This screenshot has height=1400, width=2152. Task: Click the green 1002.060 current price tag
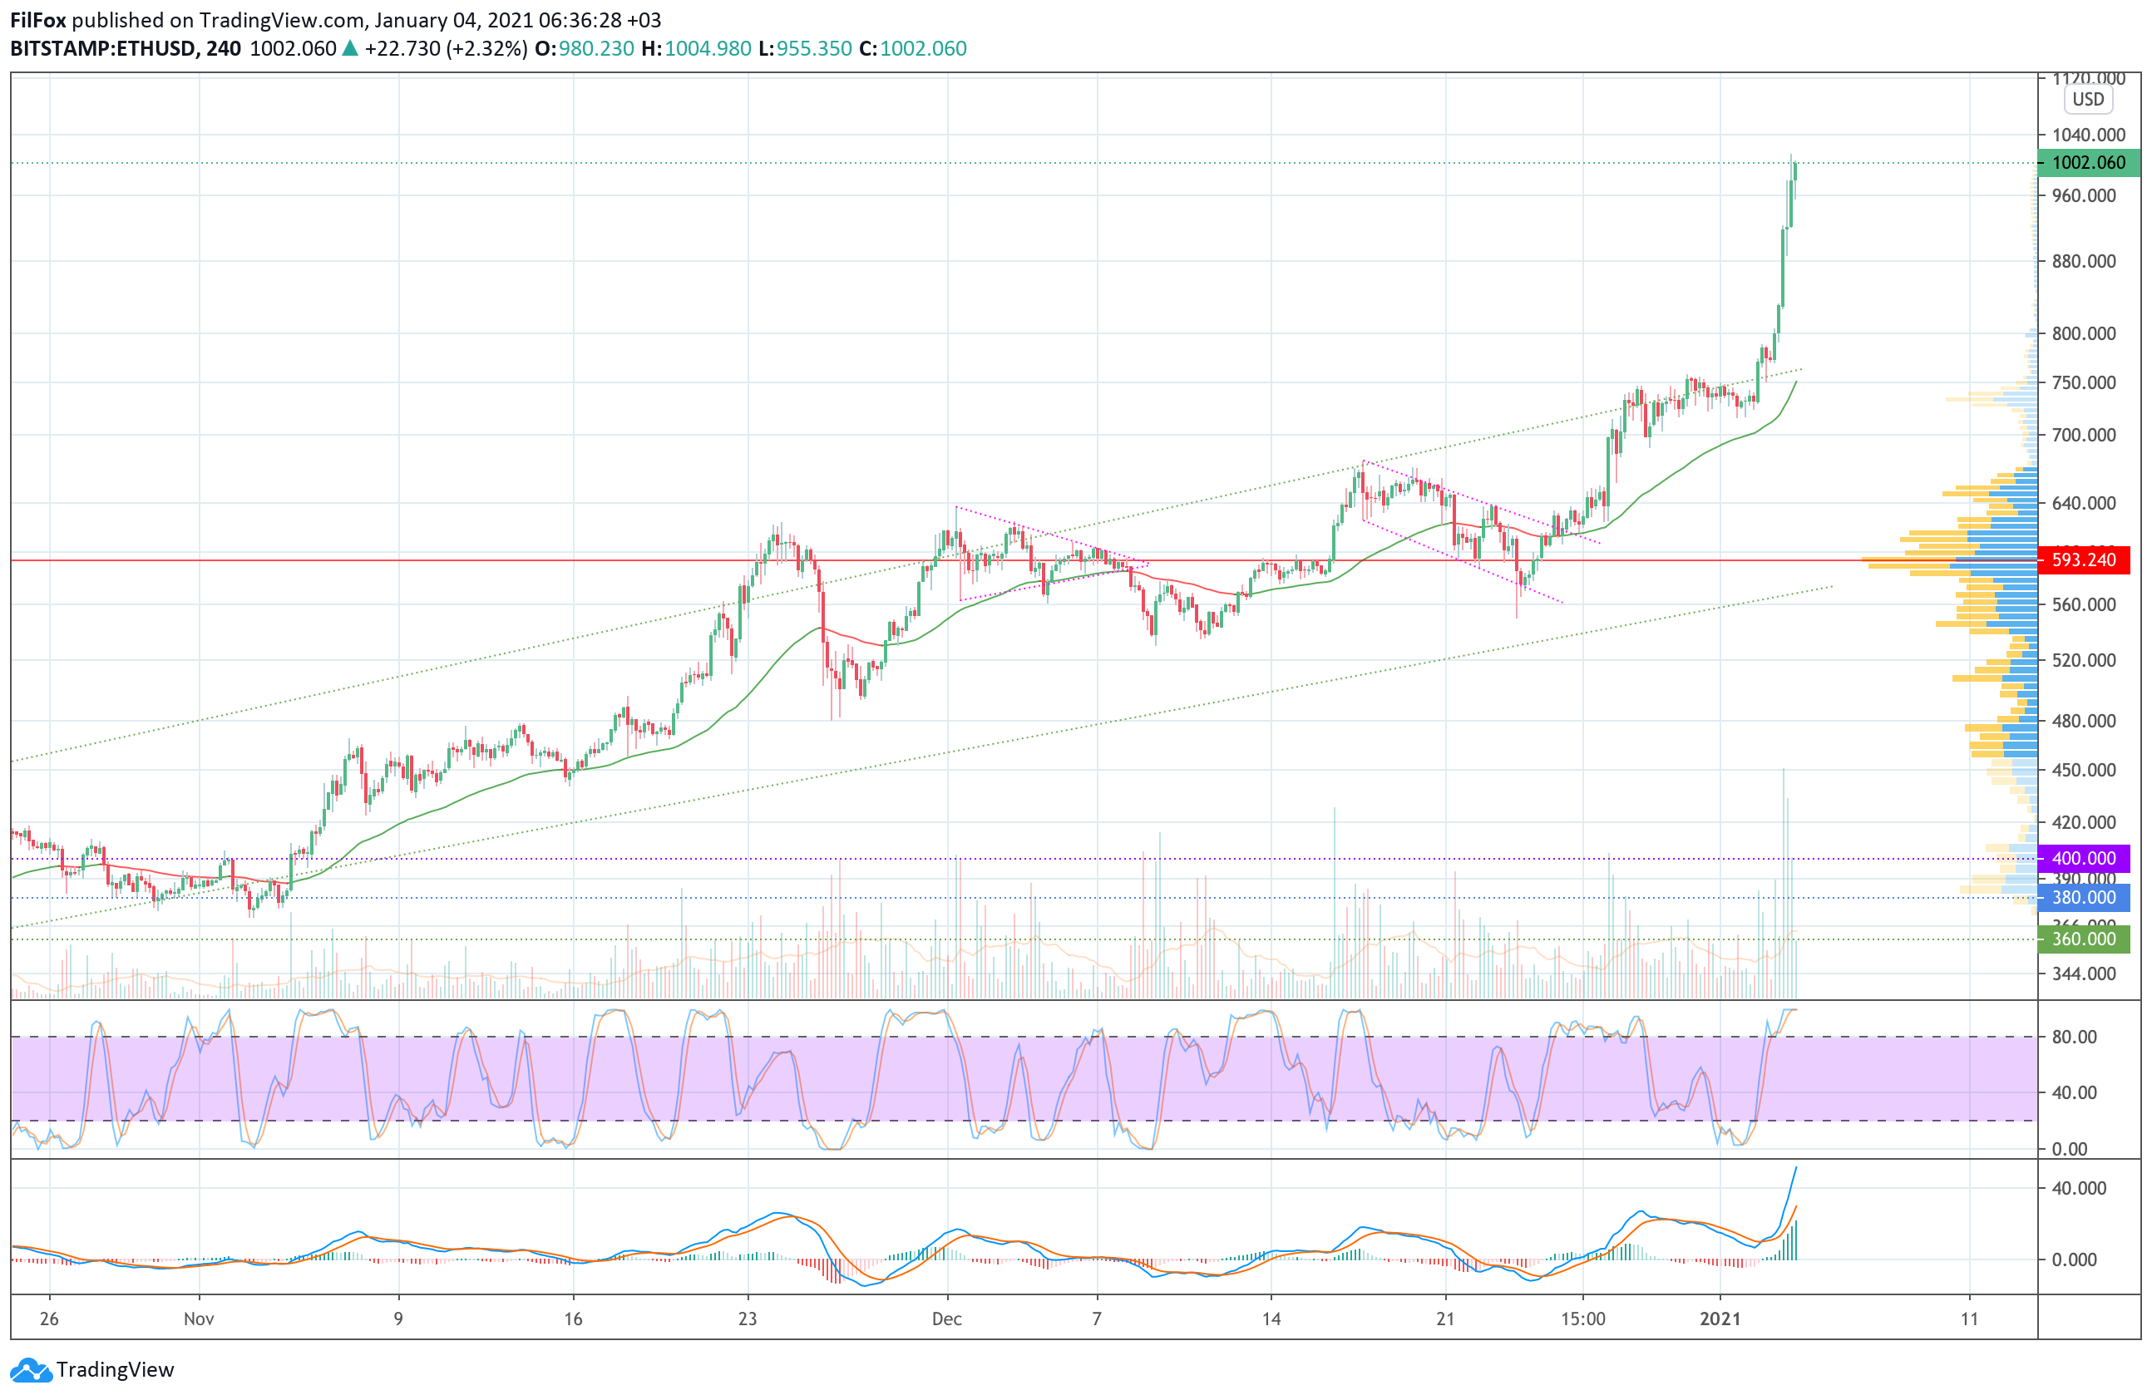coord(2088,163)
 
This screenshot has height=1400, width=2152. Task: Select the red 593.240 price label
coord(2083,560)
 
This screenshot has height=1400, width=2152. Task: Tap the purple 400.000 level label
coord(2083,859)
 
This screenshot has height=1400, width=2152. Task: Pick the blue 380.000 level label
coord(2083,898)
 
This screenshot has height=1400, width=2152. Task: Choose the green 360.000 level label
coord(2083,939)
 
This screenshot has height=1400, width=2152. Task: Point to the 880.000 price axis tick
coord(2083,261)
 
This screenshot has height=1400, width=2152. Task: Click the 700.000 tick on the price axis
coord(2083,435)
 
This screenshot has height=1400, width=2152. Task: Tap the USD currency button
coord(2088,100)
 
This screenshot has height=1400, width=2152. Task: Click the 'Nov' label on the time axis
coord(199,1319)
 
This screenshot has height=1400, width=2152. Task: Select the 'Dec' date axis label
coord(947,1319)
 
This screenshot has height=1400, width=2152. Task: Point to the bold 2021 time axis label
coord(1720,1319)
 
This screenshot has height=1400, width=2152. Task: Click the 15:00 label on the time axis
coord(1582,1319)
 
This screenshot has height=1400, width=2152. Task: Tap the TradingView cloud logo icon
coord(32,1370)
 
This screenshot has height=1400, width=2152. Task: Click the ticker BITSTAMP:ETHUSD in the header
coord(103,49)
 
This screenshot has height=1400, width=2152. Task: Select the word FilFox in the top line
coord(38,20)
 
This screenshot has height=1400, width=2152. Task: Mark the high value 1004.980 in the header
coord(708,49)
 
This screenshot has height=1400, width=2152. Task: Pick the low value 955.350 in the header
coord(814,49)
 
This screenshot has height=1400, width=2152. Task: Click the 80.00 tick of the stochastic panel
coord(2074,1037)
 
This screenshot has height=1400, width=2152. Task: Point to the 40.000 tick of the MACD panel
coord(2079,1188)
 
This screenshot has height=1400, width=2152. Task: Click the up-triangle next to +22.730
coord(350,49)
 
